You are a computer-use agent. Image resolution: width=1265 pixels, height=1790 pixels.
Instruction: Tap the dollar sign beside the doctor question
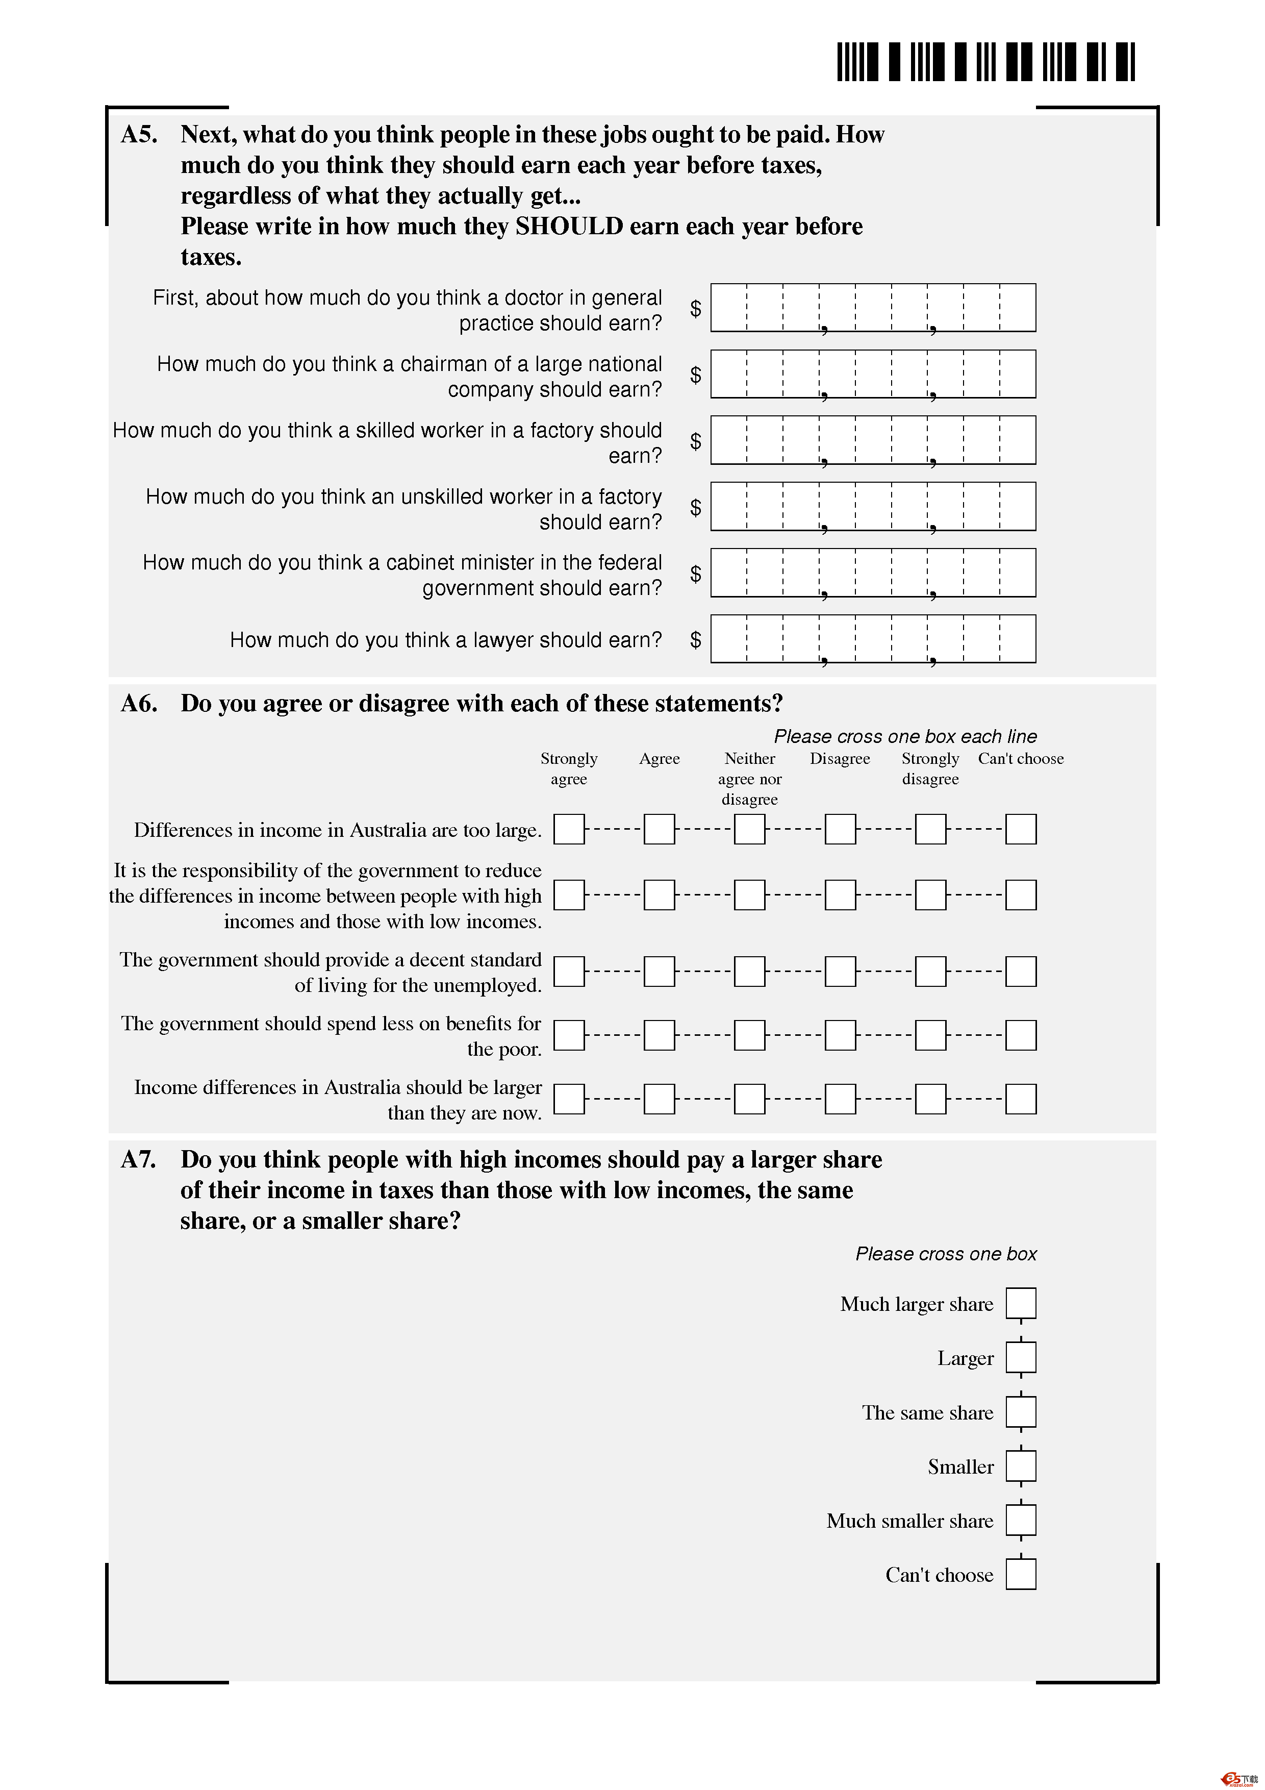click(x=695, y=309)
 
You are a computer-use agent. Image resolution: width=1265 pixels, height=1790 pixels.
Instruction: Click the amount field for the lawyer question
click(x=873, y=639)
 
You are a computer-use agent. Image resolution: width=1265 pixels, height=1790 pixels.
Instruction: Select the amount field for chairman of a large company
click(x=873, y=374)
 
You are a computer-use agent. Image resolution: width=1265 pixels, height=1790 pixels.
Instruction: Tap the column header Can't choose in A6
click(x=1020, y=759)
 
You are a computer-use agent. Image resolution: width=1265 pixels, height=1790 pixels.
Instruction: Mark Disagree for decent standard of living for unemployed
click(x=840, y=972)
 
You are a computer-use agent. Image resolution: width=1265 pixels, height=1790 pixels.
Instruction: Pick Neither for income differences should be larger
click(x=750, y=1099)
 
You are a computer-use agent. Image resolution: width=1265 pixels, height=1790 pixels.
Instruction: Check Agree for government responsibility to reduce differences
click(x=660, y=895)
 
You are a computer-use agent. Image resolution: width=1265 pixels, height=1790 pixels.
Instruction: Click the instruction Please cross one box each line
click(x=905, y=737)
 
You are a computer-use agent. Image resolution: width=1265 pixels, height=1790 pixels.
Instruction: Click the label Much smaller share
click(x=909, y=1521)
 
